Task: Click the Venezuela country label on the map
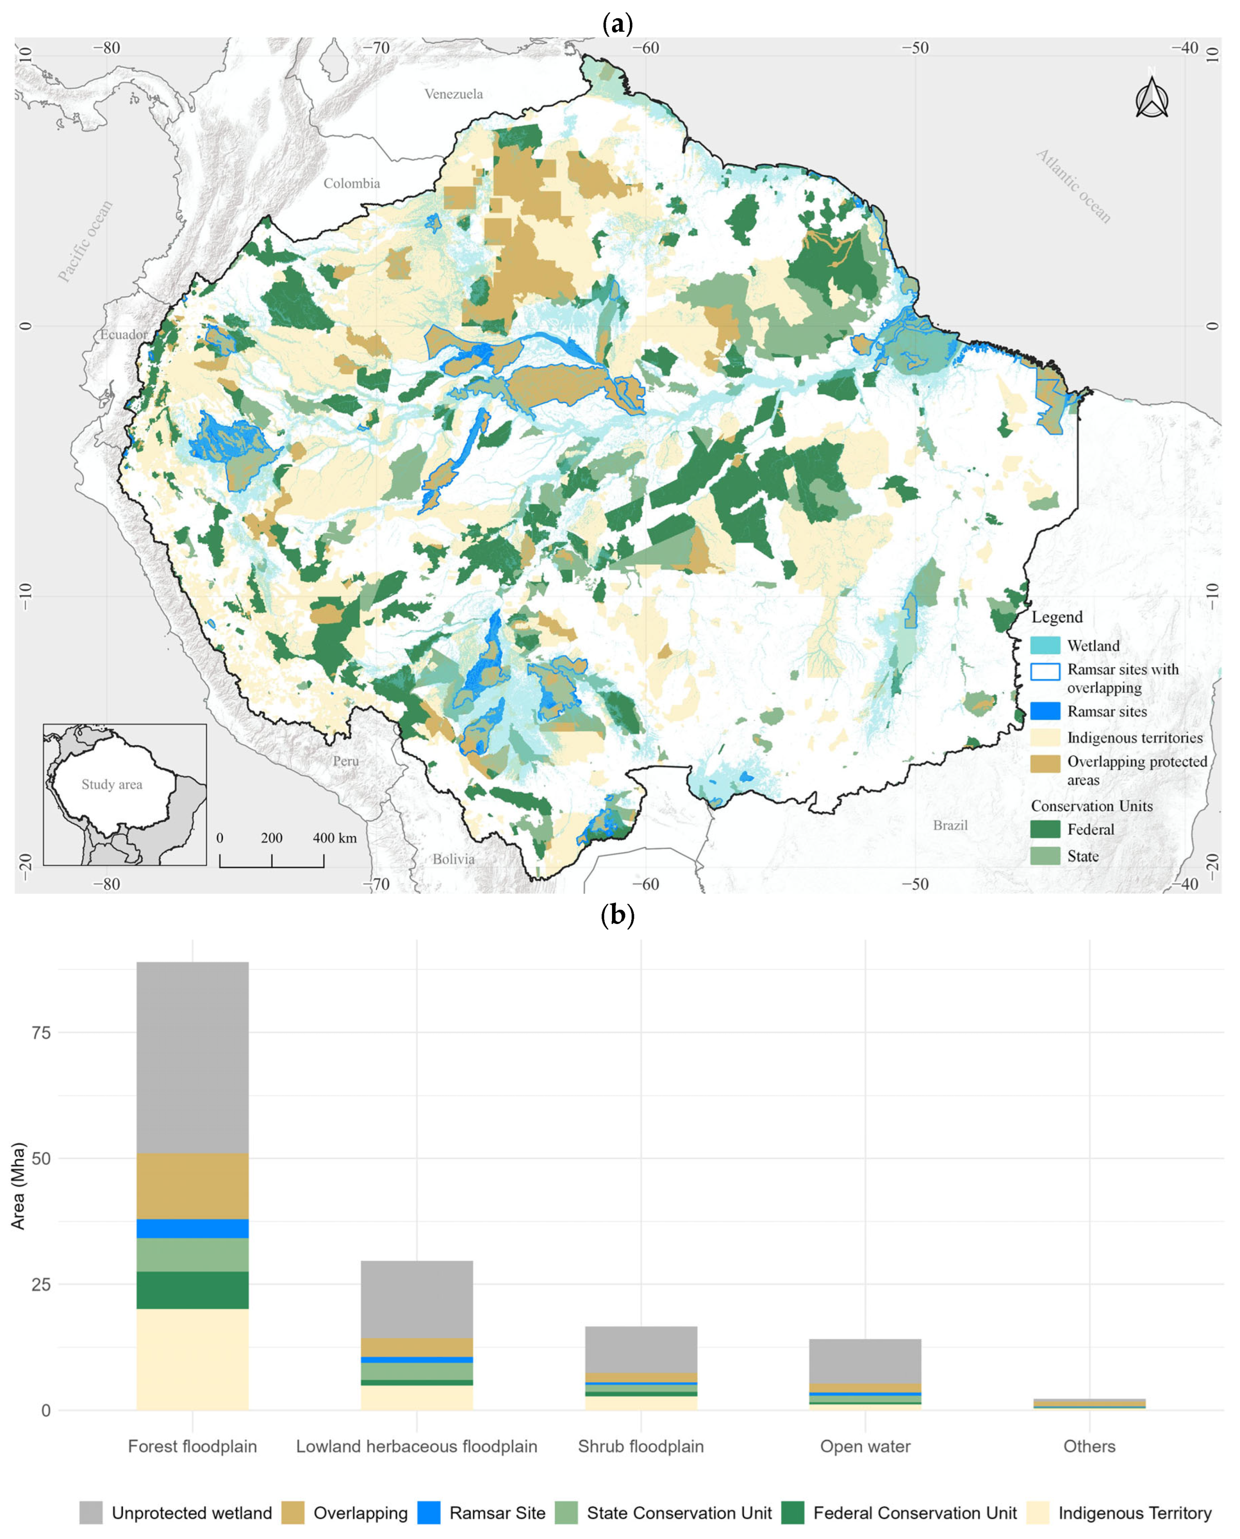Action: (454, 94)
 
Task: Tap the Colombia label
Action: (351, 184)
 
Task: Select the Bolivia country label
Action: (453, 859)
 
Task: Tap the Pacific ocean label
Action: (86, 241)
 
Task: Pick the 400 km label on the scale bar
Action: (334, 838)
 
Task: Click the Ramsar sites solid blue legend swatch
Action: (1045, 711)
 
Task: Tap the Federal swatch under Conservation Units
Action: (1045, 829)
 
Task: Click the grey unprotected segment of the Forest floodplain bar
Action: (192, 1057)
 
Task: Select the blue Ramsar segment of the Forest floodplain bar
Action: (192, 1228)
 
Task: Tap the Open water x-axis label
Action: (864, 1446)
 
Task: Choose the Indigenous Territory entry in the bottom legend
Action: (1134, 1513)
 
